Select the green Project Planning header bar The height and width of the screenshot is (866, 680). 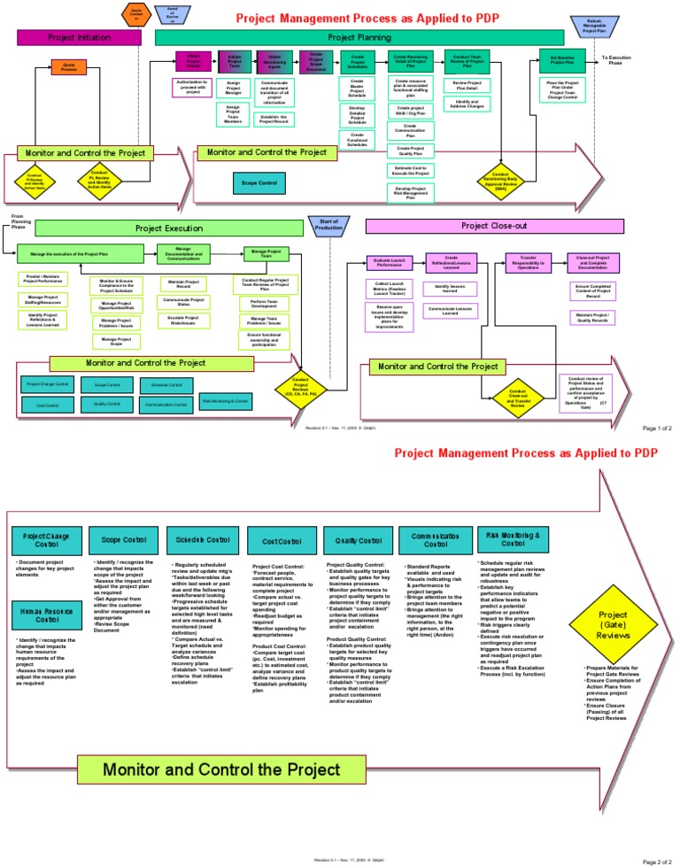click(359, 37)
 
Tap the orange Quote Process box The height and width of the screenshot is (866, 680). click(68, 66)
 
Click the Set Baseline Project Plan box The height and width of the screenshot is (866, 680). click(563, 61)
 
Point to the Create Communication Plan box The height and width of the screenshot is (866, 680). click(410, 129)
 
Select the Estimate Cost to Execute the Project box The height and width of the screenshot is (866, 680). click(410, 170)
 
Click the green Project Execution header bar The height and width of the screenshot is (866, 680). click(169, 228)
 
